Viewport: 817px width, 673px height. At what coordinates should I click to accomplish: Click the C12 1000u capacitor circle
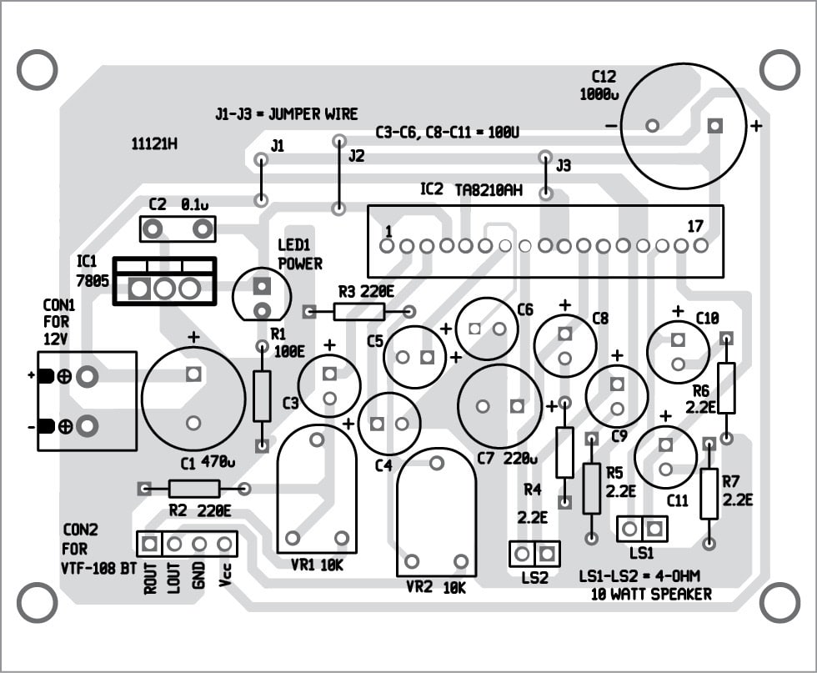point(683,126)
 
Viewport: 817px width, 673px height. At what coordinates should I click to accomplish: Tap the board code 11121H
point(154,143)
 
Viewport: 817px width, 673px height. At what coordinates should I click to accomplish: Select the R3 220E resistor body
point(359,312)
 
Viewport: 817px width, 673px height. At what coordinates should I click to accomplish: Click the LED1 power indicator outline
point(263,297)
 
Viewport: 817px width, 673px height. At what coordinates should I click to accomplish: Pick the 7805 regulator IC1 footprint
point(164,281)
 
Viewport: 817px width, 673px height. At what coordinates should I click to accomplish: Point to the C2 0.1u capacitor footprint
point(177,228)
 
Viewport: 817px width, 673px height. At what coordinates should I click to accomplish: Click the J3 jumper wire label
point(564,166)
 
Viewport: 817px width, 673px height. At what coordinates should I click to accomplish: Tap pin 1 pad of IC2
point(387,247)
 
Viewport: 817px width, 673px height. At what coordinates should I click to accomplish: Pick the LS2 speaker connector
point(534,553)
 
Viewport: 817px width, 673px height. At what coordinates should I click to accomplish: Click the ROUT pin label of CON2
point(151,577)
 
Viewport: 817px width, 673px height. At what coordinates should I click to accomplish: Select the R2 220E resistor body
point(194,489)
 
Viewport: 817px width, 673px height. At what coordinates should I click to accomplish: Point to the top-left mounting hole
point(37,70)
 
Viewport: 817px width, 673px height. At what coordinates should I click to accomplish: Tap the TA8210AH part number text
point(489,190)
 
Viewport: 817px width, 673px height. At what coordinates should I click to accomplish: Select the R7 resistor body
point(709,494)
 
